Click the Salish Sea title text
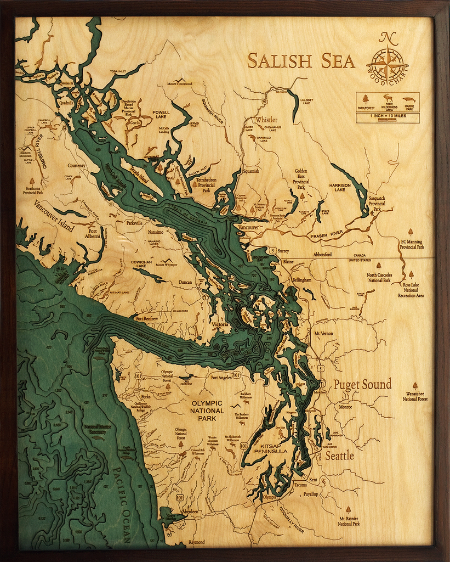tap(301, 60)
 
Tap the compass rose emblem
tap(387, 65)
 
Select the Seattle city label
tap(340, 456)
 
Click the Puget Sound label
tap(362, 384)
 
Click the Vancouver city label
tap(249, 227)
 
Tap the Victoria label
tap(220, 325)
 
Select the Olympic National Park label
tap(207, 411)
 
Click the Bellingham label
tap(301, 279)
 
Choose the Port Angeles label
tap(218, 377)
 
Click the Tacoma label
tap(300, 485)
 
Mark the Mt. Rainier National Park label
tap(349, 521)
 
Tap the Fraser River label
tap(327, 235)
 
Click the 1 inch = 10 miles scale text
tap(388, 116)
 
